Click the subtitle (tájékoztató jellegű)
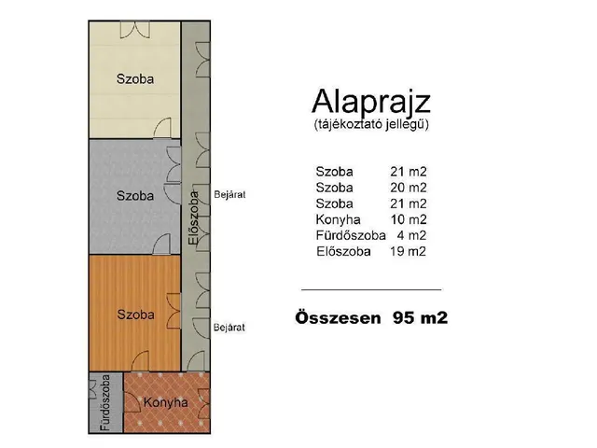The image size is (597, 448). pos(371,123)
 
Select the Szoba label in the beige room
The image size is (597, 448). pos(135,78)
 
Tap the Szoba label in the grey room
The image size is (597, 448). pos(135,196)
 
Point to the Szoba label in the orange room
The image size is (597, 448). pos(135,314)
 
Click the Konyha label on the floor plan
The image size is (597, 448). pos(165,403)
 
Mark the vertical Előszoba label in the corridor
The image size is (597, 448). pos(193,218)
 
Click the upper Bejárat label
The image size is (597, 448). pos(229,194)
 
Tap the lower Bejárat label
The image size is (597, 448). pos(229,328)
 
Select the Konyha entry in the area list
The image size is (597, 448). pos(337,219)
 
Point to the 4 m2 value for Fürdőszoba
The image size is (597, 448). pos(411,235)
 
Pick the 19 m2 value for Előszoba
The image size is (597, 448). pos(408,251)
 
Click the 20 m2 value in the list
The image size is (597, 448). pos(408,188)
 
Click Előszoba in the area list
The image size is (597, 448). pos(344,251)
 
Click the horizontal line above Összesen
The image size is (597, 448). pos(371,289)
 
